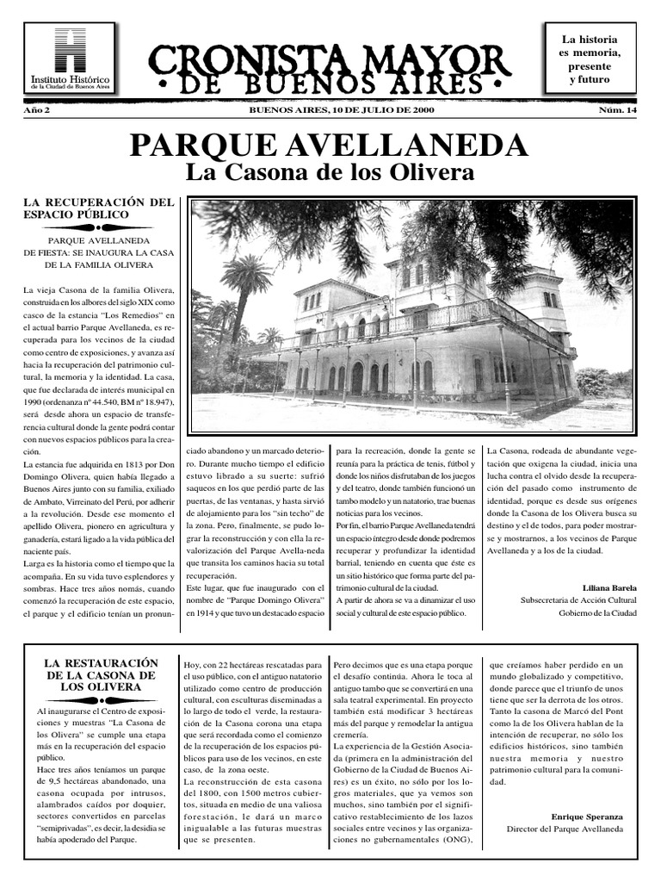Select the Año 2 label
coord(36,111)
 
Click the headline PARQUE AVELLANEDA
coord(330,145)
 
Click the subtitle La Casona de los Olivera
coord(330,172)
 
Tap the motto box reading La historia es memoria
coord(589,59)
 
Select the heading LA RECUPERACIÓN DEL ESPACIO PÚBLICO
coord(99,208)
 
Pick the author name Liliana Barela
coord(608,587)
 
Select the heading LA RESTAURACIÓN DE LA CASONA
coord(102,674)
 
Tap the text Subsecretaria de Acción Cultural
coord(578,599)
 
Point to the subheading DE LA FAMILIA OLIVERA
coord(99,264)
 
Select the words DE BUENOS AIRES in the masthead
coord(330,84)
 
